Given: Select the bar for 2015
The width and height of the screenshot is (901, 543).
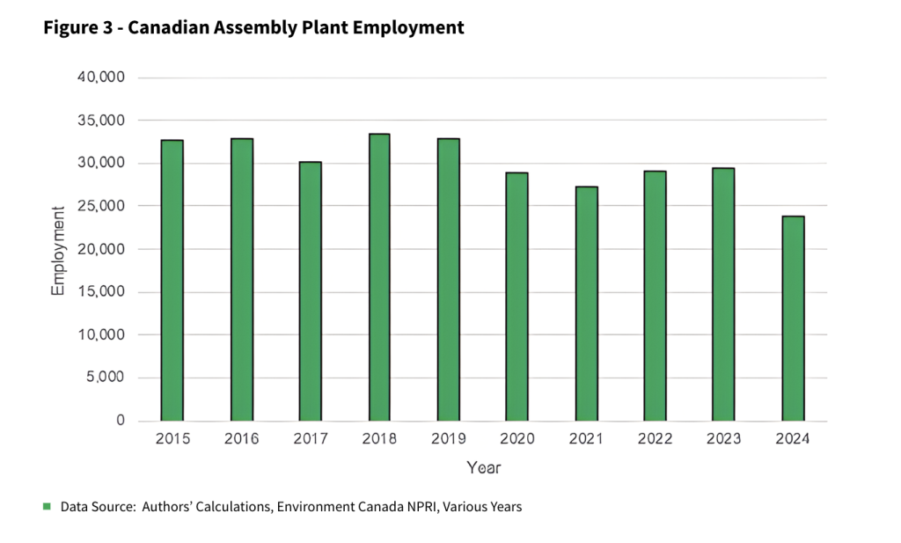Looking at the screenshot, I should coord(172,280).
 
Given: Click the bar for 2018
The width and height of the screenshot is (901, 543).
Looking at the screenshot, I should coord(379,277).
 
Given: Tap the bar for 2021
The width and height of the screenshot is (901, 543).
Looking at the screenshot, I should coord(587,304).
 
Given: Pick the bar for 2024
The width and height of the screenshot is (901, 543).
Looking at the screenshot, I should coord(794,319).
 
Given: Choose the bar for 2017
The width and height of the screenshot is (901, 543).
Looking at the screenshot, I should coord(311,291).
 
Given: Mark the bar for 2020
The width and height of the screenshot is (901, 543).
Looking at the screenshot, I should coord(517,297).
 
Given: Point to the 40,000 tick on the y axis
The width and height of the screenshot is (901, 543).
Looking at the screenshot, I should coord(103,77).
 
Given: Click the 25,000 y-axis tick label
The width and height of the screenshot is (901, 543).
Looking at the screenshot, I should coord(103,206).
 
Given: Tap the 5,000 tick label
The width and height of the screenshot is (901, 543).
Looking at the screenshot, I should coord(107,378).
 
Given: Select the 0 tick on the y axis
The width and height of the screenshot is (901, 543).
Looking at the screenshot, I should coord(121,422).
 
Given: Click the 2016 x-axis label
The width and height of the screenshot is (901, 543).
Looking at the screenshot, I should coord(241,439).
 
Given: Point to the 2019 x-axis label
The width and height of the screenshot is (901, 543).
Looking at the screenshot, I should coord(448,439).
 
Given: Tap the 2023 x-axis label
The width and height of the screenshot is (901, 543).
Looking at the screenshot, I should coord(724,439).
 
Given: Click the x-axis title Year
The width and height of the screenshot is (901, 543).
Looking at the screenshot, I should coord(483,467).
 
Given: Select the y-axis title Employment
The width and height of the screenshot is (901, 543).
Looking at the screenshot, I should coord(58,250).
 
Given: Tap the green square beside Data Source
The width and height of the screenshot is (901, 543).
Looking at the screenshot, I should coord(47,506).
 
